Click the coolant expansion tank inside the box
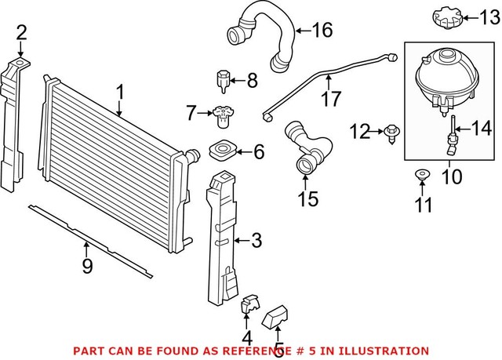pyautogui.click(x=443, y=79)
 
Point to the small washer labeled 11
pyautogui.click(x=421, y=174)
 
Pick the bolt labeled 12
pyautogui.click(x=389, y=133)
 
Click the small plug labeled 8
pyautogui.click(x=222, y=79)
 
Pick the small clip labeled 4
pyautogui.click(x=246, y=304)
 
